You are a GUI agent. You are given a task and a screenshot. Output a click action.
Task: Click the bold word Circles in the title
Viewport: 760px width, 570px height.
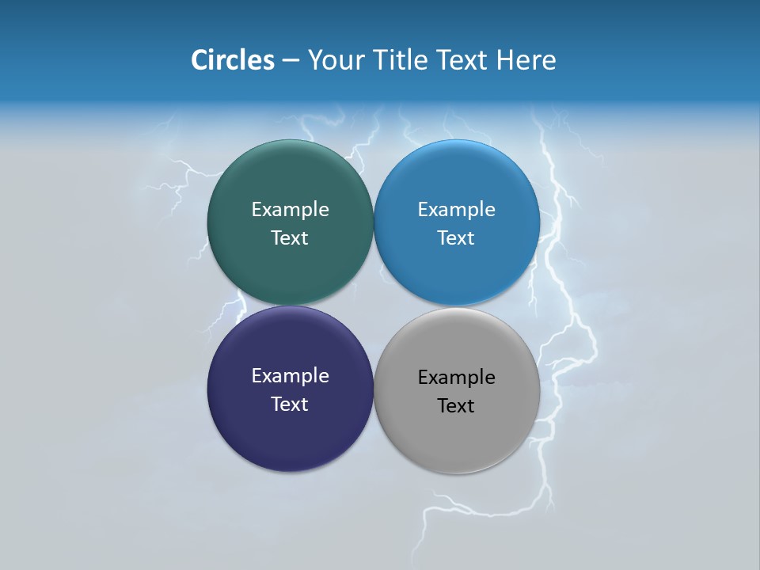tap(232, 60)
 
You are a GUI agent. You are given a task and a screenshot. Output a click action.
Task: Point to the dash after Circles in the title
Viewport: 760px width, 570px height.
tap(291, 61)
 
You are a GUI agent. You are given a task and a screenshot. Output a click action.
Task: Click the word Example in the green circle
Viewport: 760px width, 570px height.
tap(290, 210)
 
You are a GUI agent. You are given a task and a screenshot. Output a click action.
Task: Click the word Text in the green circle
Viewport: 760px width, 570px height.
tap(290, 238)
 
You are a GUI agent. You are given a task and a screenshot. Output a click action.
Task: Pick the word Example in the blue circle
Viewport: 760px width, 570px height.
tap(456, 210)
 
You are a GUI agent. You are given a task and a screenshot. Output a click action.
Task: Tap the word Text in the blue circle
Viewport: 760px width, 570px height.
tap(456, 238)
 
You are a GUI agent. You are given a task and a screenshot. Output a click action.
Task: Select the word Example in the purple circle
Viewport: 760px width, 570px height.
tap(290, 376)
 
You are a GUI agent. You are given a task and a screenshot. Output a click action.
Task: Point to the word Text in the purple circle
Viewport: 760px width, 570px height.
tap(290, 405)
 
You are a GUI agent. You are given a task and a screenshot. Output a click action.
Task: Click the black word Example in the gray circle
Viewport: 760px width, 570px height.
tap(456, 378)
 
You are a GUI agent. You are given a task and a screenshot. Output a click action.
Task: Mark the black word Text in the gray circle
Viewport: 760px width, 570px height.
tap(456, 406)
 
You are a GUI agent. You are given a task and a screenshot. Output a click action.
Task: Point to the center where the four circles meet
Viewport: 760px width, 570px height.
tap(373, 306)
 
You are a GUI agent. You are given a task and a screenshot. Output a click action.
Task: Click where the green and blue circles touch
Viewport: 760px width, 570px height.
tap(373, 222)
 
